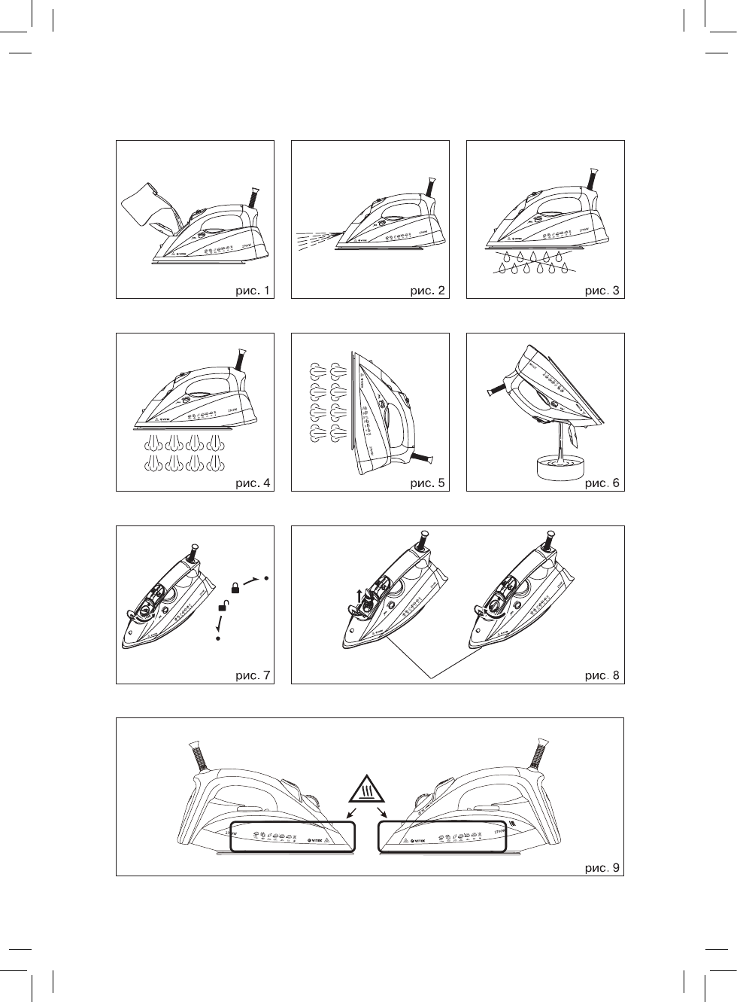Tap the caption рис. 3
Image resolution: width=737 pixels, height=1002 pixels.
tap(603, 290)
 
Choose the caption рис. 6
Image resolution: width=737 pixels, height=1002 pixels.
tap(603, 483)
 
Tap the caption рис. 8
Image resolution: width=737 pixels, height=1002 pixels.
tap(603, 675)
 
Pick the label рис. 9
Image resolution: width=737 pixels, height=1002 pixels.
tap(603, 868)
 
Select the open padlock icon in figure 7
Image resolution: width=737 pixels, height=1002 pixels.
tap(223, 606)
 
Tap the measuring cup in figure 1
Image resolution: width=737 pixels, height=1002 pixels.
tap(149, 204)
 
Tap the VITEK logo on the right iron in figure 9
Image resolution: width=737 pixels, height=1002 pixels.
tap(417, 839)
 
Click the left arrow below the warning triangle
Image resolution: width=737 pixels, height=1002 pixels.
tap(350, 815)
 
